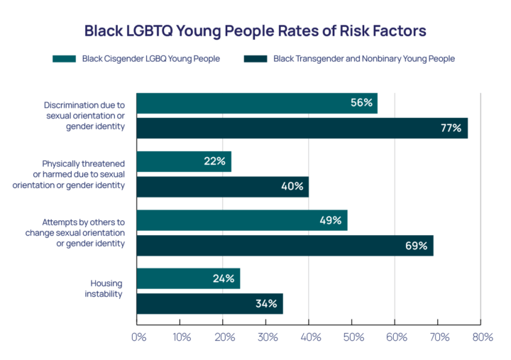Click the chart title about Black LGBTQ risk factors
pos(255,31)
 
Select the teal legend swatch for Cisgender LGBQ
pos(65,59)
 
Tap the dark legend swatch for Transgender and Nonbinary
pos(255,59)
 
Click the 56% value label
pos(361,103)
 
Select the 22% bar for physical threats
pos(183,161)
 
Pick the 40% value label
pos(292,187)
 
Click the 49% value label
pos(331,220)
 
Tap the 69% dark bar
pos(284,246)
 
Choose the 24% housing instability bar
pos(187,278)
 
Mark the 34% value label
pos(266,304)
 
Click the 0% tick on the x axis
pos(138,337)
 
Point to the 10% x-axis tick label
pos(181,337)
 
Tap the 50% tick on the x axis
pos(353,337)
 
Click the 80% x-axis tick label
pos(481,337)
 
